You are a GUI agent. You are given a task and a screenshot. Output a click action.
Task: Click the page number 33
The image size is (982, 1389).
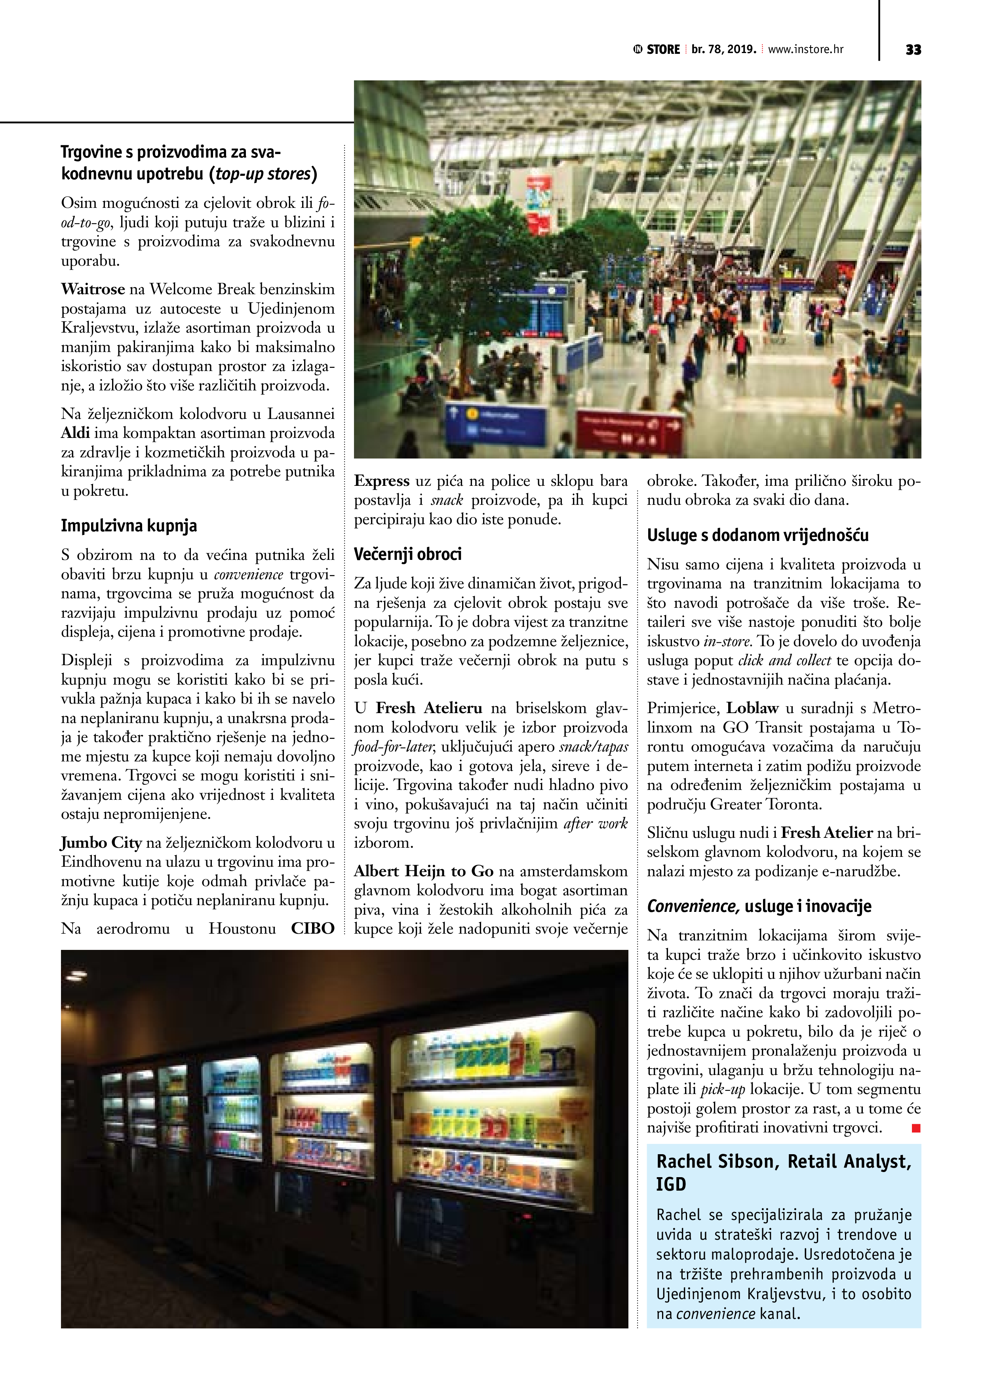click(913, 49)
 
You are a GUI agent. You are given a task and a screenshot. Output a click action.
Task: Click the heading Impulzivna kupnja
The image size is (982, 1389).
click(129, 526)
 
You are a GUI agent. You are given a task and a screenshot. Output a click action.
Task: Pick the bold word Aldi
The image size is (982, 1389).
click(75, 433)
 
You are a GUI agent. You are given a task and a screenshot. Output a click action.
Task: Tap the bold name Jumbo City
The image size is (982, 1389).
click(101, 843)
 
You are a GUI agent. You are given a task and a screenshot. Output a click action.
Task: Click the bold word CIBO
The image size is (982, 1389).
click(312, 929)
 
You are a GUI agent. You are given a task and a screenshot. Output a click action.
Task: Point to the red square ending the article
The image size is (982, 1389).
click(915, 1128)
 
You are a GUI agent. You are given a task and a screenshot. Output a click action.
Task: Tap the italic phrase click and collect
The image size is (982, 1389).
click(784, 660)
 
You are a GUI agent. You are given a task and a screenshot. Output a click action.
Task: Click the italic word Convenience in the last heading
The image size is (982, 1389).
click(693, 906)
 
